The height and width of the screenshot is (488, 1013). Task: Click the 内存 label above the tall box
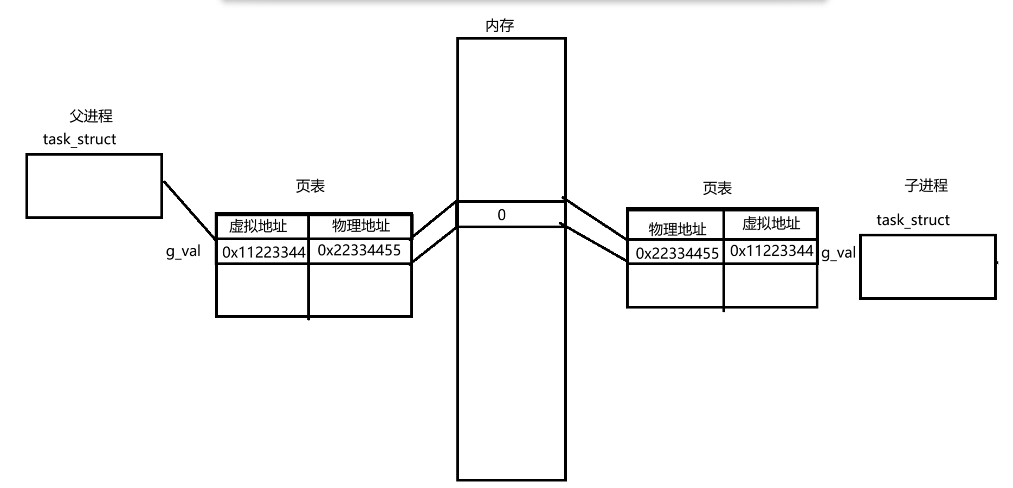point(499,25)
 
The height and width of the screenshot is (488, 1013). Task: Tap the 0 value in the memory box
point(501,215)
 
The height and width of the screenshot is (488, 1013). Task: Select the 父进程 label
point(91,116)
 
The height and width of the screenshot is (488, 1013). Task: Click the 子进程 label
point(926,185)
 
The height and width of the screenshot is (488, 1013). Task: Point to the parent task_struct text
point(80,139)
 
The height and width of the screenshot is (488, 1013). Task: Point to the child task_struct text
point(913,220)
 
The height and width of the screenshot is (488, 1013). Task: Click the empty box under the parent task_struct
point(94,186)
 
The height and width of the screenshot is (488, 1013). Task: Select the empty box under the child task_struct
point(927,267)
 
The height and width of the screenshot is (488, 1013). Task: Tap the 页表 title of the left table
point(310,186)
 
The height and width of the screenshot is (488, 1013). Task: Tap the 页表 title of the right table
point(717,188)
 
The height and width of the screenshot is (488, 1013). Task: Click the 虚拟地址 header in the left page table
point(258,226)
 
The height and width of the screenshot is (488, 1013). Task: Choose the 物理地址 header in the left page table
point(361,226)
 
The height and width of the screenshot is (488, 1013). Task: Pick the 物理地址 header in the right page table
point(678,229)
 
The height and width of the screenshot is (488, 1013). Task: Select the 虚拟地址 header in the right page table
point(771,223)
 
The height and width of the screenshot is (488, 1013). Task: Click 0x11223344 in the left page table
point(264,252)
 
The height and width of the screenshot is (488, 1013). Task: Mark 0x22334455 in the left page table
point(359,250)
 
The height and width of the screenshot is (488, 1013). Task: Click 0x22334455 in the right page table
point(677,253)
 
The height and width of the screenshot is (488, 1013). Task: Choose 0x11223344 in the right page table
point(771,251)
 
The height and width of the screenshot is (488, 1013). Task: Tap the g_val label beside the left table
point(183,252)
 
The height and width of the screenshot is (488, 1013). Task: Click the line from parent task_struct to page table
point(190,210)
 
